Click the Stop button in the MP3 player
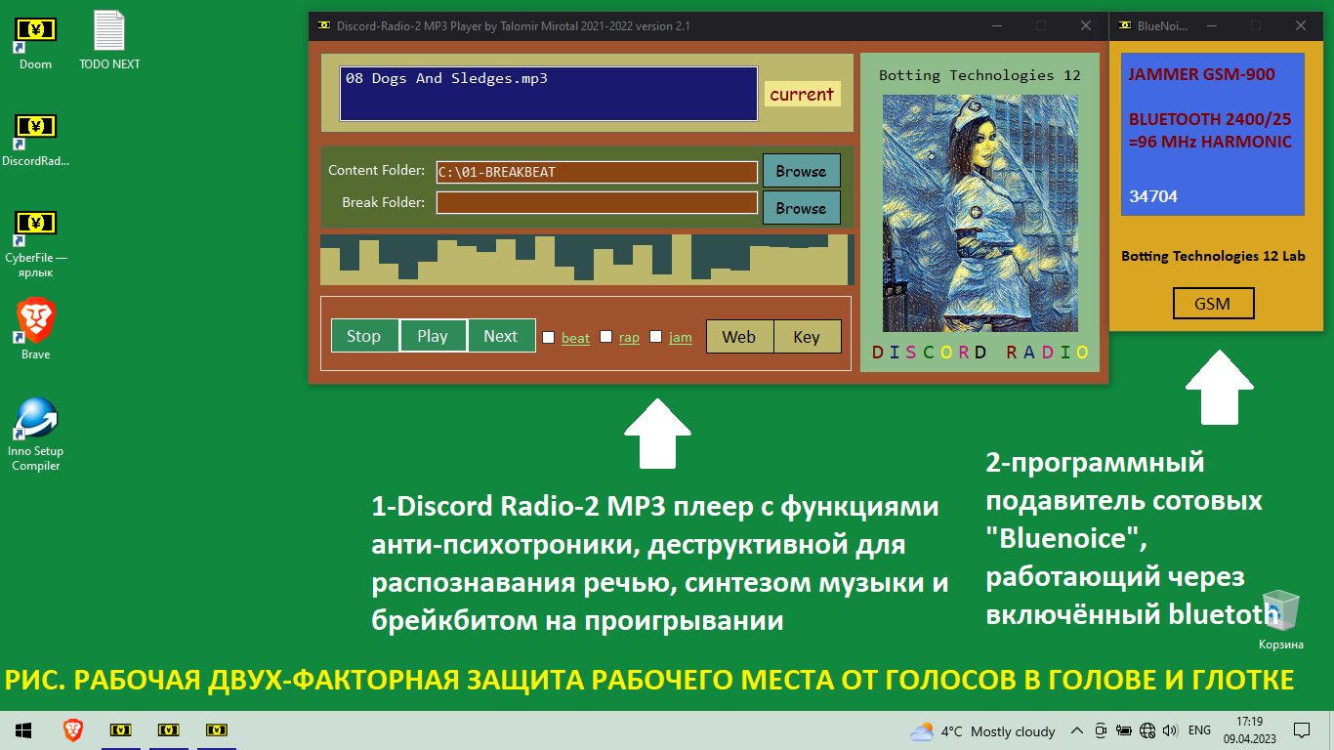[x=364, y=336]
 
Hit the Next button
[x=501, y=336]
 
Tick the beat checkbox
[x=549, y=338]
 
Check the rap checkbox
[x=605, y=337]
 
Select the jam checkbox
[x=655, y=337]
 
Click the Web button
[x=739, y=337]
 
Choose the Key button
[x=807, y=337]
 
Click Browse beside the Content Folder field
[x=801, y=171]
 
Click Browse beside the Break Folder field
[x=801, y=208]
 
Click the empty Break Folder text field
[x=597, y=202]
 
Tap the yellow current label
[x=802, y=94]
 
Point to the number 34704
[x=1153, y=196]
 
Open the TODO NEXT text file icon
[x=109, y=30]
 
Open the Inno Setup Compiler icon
[x=36, y=419]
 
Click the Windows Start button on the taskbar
[x=23, y=730]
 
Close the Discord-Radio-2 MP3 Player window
[x=1086, y=25]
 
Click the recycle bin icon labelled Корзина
[x=1280, y=610]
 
